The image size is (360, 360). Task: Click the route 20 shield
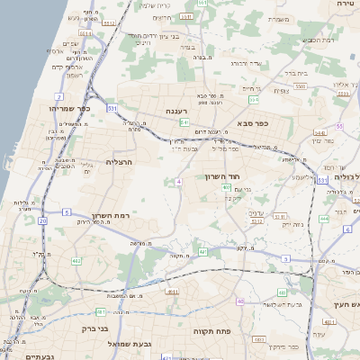click(42, 220)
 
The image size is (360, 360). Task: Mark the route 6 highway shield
click(346, 229)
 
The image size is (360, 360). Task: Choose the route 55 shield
click(339, 127)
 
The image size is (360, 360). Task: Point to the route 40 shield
click(240, 301)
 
